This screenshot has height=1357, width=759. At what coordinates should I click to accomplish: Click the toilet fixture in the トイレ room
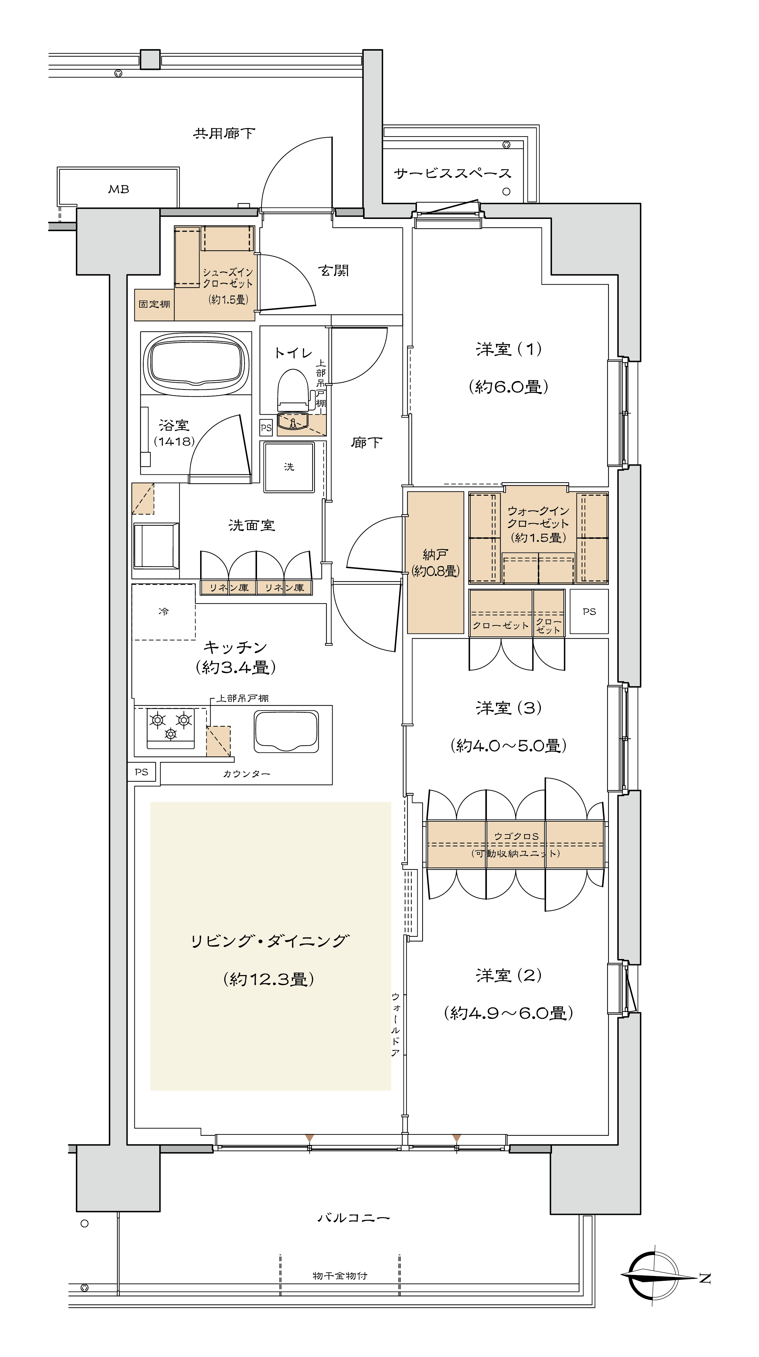pos(293,389)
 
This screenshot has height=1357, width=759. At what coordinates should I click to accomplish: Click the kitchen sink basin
pos(286,731)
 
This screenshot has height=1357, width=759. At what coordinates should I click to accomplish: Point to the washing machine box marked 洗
pos(289,467)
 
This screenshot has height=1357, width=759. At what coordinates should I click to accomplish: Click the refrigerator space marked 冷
pos(164,612)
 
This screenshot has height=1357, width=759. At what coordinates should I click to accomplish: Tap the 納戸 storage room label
pos(435,554)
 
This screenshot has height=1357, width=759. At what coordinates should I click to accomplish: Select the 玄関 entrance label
pos(334,271)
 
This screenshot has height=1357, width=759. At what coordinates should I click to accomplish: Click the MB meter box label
pos(119,189)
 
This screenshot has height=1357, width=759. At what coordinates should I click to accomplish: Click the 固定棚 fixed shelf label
pos(154,305)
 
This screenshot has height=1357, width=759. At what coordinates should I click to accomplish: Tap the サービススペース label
pos(452,173)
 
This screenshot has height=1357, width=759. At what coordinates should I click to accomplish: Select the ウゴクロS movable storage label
pos(516,836)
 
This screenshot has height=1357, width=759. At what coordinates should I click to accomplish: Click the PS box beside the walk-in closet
pos(589,612)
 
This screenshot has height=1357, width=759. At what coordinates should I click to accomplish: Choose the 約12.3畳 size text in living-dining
pos(269,979)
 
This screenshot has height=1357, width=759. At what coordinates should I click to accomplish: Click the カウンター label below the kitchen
pos(246,774)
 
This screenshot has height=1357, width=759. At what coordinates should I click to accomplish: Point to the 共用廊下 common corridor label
pos(224,133)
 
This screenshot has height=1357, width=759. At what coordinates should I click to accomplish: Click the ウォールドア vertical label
pos(395,1025)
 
